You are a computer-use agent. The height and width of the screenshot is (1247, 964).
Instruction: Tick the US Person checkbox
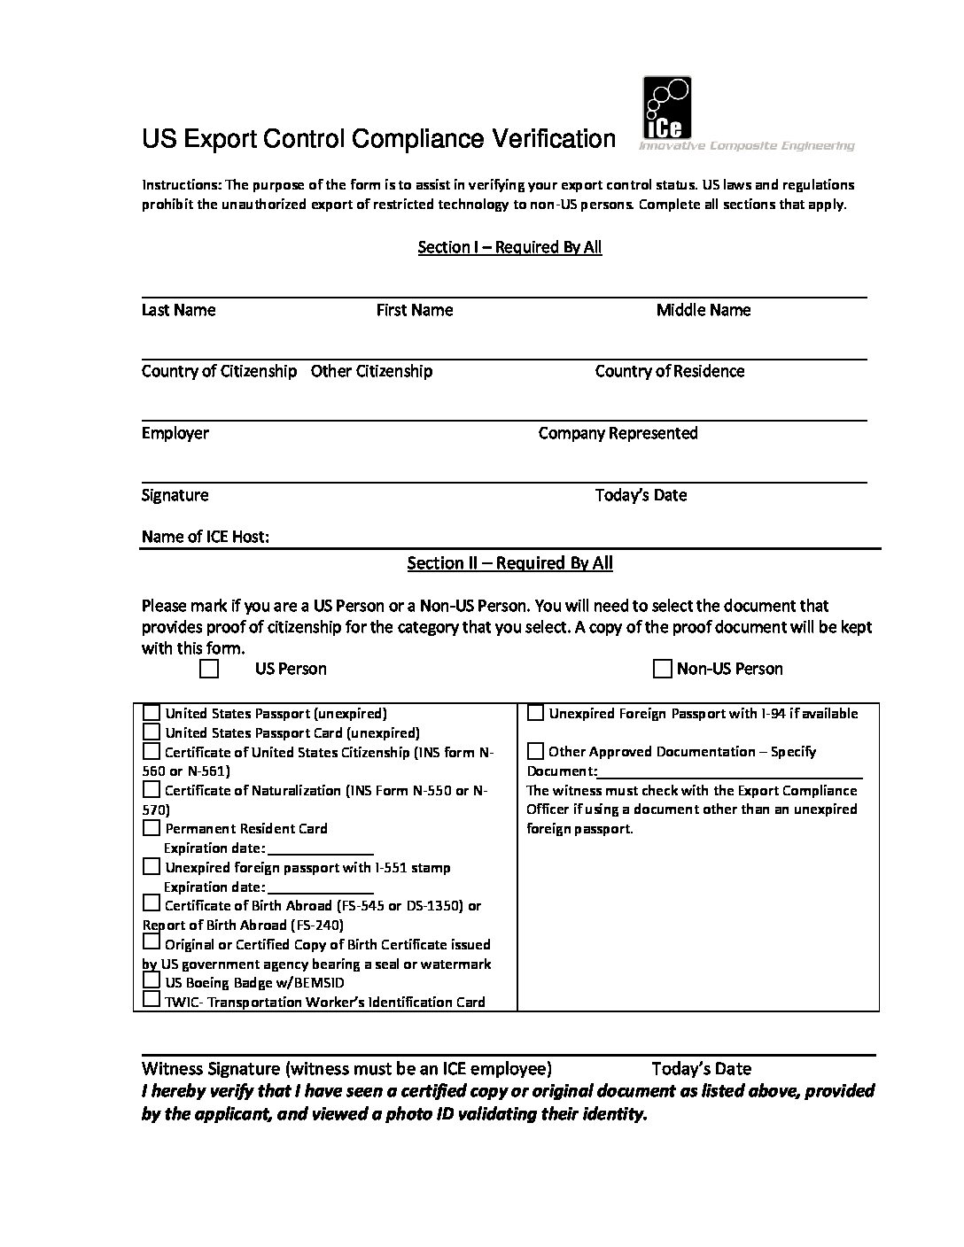[x=209, y=669]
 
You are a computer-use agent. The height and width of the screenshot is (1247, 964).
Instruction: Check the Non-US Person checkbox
[x=662, y=669]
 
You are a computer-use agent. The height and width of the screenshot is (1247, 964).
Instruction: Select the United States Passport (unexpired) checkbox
[x=152, y=713]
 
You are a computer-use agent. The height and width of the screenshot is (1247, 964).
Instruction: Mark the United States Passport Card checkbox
[x=152, y=732]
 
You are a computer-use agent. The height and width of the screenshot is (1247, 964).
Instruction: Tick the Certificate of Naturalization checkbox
[x=152, y=790]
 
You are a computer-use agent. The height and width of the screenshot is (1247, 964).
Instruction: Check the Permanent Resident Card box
[x=152, y=828]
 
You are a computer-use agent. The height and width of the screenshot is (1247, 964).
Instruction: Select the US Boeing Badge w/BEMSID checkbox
[x=152, y=982]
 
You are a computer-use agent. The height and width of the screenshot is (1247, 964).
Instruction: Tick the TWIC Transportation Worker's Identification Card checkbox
[x=152, y=1001]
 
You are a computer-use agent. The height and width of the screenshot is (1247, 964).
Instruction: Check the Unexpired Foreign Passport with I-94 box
[x=535, y=713]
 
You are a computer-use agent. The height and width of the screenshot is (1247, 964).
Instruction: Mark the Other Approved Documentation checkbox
[x=535, y=752]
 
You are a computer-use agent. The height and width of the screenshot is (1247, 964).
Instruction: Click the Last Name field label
[x=178, y=310]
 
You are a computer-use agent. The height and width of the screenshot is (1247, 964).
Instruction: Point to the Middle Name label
[x=703, y=310]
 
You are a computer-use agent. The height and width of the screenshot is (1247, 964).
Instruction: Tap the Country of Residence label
[x=669, y=371]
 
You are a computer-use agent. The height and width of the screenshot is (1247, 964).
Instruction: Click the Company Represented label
[x=618, y=433]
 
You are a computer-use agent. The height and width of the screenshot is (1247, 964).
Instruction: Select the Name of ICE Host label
[x=205, y=537]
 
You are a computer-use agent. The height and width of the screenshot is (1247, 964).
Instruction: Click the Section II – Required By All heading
[x=509, y=563]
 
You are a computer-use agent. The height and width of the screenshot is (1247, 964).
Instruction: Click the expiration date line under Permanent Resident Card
[x=320, y=849]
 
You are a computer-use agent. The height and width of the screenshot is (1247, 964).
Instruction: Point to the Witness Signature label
[x=346, y=1068]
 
